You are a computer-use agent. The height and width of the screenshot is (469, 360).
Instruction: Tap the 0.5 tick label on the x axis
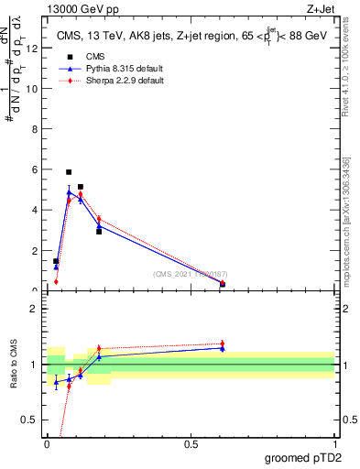point(191,443)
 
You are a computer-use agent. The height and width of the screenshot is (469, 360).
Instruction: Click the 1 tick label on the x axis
point(334,443)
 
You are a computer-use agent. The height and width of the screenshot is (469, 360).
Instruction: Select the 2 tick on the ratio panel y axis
point(35,309)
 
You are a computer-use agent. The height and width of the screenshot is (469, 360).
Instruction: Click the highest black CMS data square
point(69,172)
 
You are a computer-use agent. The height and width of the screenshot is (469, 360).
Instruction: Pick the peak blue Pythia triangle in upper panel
point(69,192)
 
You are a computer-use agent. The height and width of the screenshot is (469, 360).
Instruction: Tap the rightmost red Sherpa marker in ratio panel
point(222,344)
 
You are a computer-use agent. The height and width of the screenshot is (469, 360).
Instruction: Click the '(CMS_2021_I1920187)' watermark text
point(191,274)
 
